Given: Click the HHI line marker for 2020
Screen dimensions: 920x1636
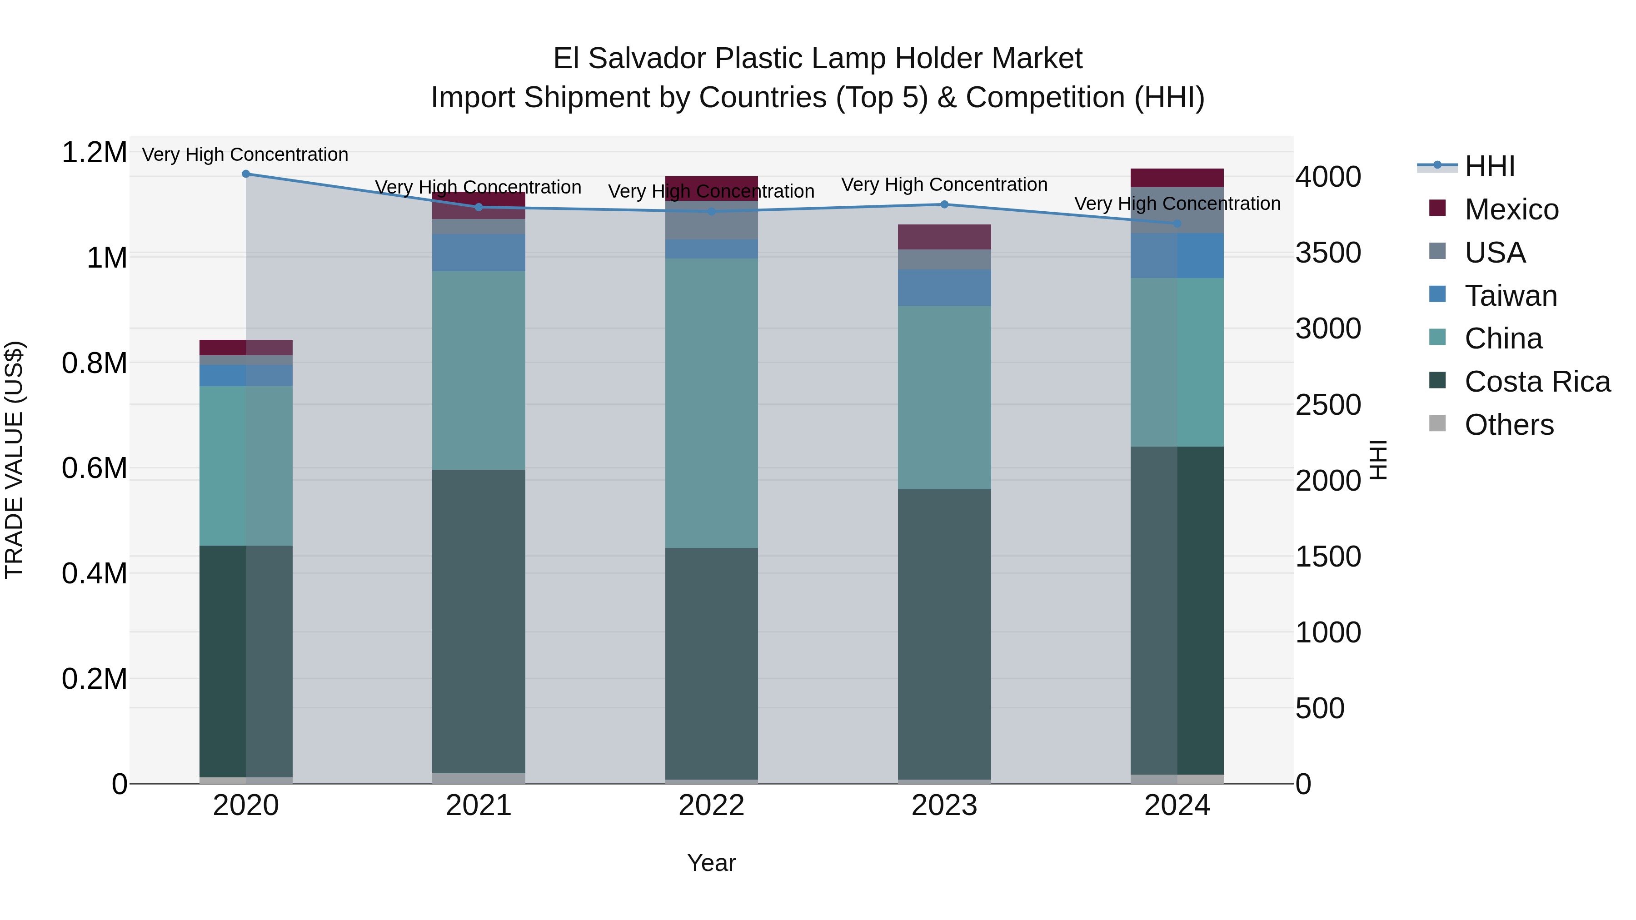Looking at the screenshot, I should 246,174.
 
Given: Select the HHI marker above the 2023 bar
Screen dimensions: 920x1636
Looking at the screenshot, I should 944,204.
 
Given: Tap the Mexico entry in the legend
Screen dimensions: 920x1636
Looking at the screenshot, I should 1511,209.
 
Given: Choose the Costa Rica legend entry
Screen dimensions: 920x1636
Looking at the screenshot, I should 1537,382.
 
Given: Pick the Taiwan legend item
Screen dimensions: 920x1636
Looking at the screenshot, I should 1510,296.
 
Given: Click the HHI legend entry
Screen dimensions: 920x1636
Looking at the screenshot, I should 1489,166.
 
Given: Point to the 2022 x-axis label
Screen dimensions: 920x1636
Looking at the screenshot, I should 711,806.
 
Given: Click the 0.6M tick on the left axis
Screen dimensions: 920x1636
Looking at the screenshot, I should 95,468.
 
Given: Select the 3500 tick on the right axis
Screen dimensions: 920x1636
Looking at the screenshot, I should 1328,253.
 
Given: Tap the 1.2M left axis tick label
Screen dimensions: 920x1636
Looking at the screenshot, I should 95,153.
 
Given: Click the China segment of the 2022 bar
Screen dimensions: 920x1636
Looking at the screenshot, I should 711,403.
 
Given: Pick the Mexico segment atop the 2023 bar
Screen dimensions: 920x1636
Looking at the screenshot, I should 944,237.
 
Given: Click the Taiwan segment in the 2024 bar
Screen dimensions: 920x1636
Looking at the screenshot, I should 1177,255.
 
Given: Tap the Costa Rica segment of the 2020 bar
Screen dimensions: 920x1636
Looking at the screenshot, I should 246,660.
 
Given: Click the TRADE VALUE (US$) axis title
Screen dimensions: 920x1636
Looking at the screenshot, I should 14,460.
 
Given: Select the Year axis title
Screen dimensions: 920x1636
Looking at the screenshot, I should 711,863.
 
